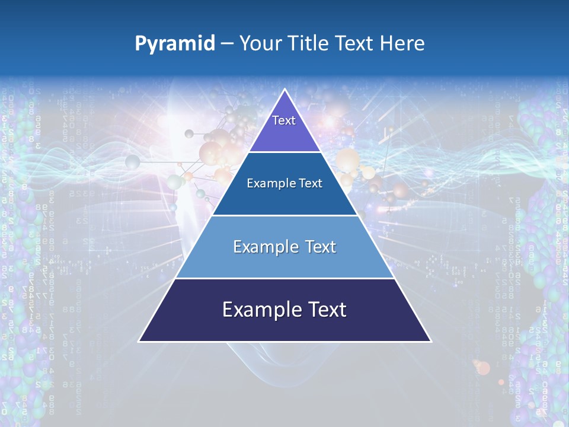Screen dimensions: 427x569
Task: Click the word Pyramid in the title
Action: pyautogui.click(x=175, y=44)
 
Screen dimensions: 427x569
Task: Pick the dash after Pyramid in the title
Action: pyautogui.click(x=227, y=44)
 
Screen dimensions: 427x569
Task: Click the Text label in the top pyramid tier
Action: pyautogui.click(x=284, y=120)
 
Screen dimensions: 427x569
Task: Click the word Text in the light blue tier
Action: pyautogui.click(x=320, y=247)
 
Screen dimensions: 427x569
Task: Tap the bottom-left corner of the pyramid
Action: pyautogui.click(x=139, y=341)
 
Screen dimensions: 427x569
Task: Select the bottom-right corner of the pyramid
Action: pyautogui.click(x=430, y=341)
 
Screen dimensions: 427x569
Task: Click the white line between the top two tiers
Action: pyautogui.click(x=284, y=152)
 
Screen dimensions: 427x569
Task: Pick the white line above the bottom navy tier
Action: pyautogui.click(x=284, y=278)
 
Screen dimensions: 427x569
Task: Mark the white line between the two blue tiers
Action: pyautogui.click(x=284, y=215)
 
